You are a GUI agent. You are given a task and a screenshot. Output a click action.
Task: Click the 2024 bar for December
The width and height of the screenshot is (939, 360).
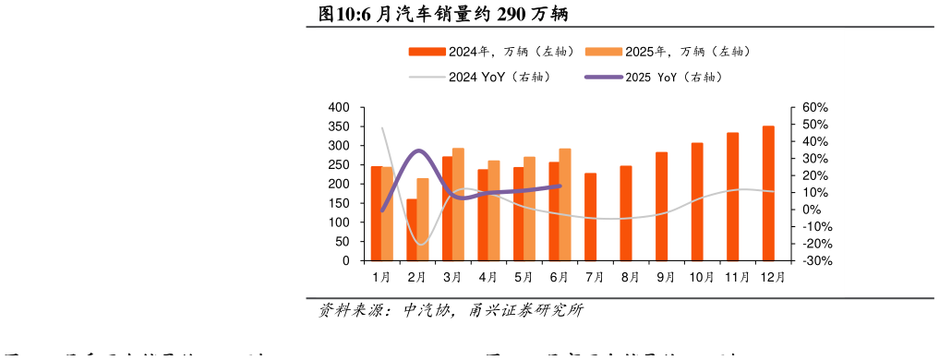click(x=768, y=194)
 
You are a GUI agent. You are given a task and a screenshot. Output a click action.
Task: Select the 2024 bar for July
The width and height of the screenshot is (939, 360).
click(x=590, y=217)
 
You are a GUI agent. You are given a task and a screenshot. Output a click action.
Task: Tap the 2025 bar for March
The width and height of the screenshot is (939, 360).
click(x=458, y=204)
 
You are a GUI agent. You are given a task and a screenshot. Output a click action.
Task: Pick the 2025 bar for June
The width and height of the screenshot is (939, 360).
click(x=565, y=205)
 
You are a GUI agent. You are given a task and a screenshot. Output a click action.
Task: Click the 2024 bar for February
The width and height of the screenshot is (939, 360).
click(x=412, y=230)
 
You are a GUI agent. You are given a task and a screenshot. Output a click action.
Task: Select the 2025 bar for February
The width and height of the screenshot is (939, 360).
click(x=423, y=220)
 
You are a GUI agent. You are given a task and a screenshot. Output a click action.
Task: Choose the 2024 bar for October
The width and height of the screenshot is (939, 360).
click(x=697, y=202)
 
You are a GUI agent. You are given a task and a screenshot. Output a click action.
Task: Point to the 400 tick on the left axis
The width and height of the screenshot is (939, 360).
click(x=339, y=108)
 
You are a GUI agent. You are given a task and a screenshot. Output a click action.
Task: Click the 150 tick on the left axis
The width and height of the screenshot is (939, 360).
click(x=339, y=222)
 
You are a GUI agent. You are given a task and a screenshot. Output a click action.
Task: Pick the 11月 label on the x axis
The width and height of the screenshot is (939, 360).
click(x=736, y=277)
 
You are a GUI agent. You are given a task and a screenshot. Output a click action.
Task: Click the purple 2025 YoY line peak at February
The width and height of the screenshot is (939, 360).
click(x=418, y=150)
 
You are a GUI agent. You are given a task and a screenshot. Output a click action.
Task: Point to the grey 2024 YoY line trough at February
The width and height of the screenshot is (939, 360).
click(x=420, y=245)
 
